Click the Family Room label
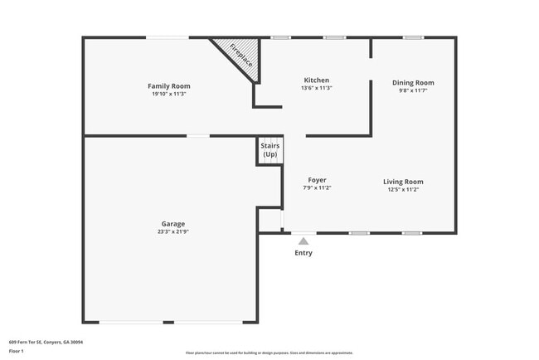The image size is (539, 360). (168, 86)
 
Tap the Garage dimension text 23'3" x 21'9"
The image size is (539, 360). (172, 231)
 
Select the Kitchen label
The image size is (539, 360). (316, 80)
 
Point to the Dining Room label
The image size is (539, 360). (413, 82)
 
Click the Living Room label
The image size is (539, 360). (403, 182)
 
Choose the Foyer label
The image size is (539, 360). (317, 180)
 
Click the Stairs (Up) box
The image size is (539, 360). (269, 151)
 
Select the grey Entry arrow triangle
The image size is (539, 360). (303, 241)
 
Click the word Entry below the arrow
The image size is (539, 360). (303, 253)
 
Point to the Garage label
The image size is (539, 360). (172, 223)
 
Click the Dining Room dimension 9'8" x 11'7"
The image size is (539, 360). (413, 90)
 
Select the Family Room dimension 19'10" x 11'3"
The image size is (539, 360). (168, 94)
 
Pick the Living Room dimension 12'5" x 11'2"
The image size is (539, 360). (403, 190)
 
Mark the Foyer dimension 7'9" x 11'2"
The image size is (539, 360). (317, 188)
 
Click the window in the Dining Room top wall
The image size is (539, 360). (412, 37)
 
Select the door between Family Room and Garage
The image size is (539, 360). (197, 136)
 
